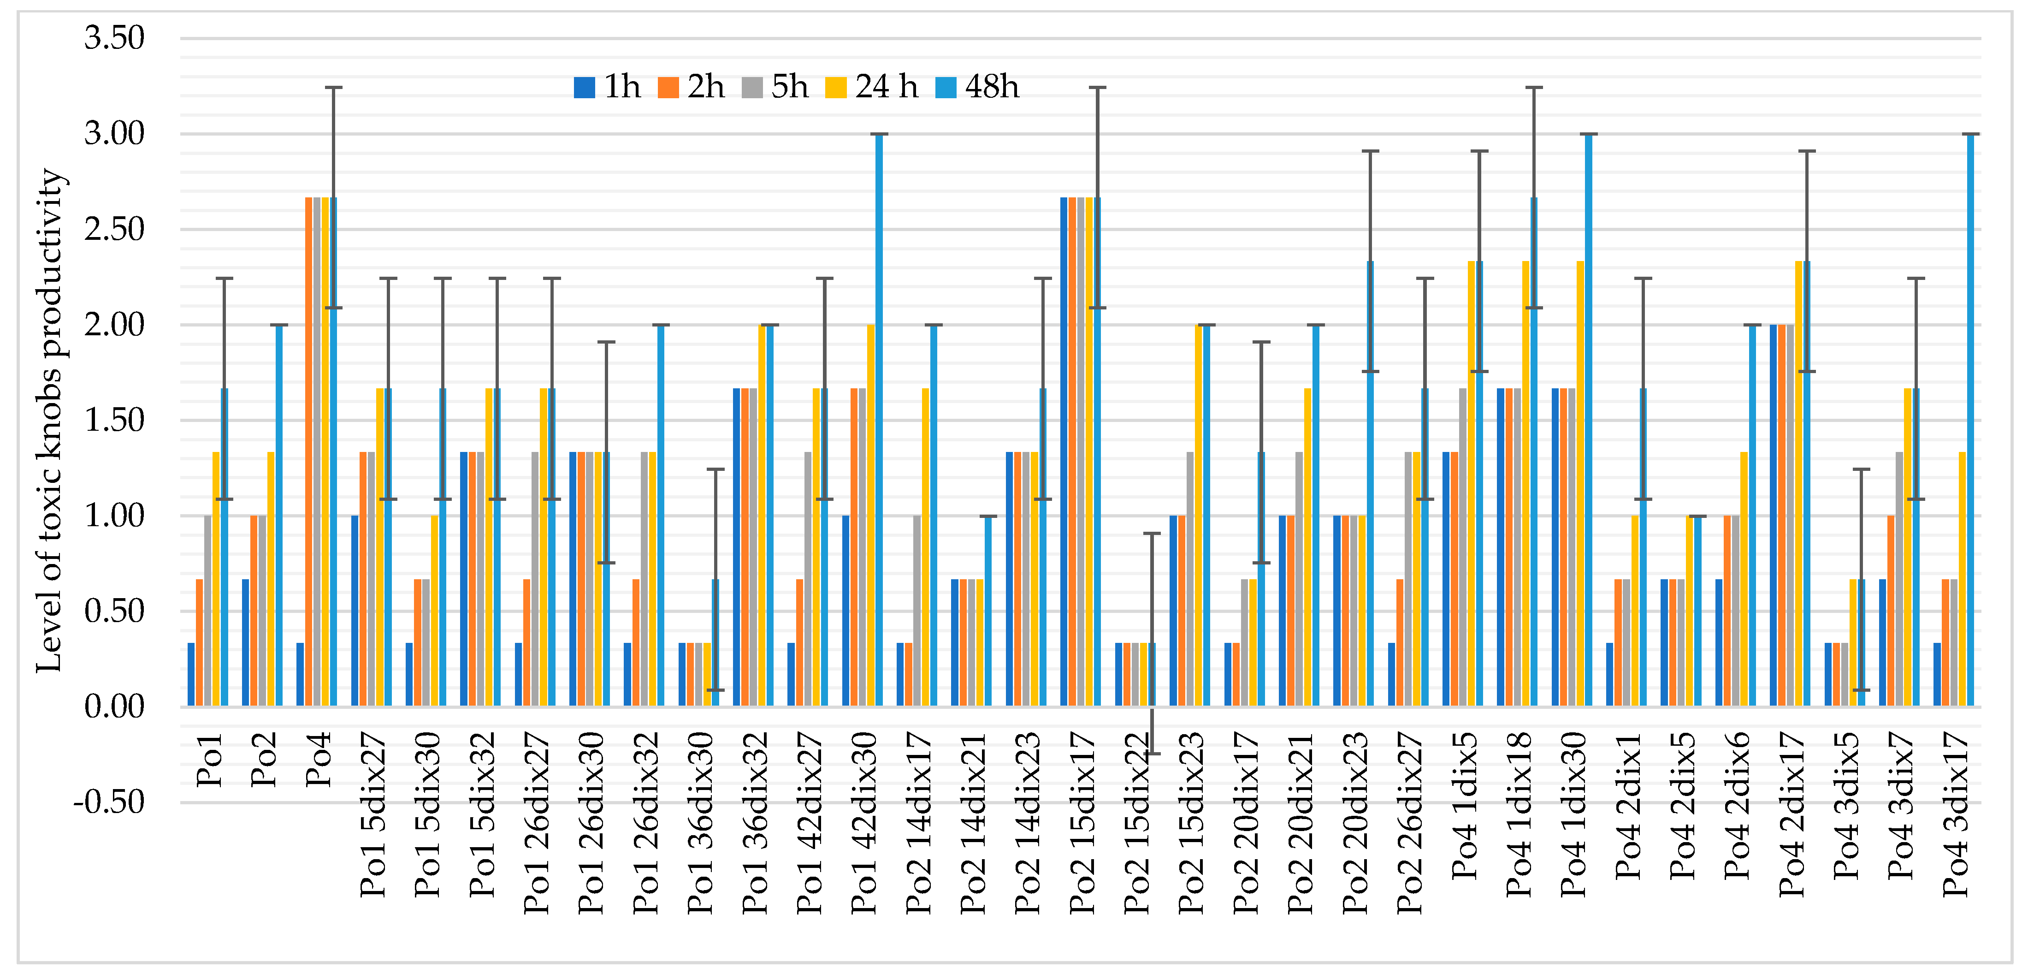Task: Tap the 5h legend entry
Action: tap(775, 87)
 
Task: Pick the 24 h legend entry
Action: tap(871, 87)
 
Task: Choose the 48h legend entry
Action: tap(977, 87)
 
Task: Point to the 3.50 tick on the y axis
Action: tap(115, 38)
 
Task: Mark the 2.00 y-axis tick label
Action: tap(115, 324)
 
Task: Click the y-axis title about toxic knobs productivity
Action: tap(49, 421)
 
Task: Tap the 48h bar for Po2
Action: tap(279, 515)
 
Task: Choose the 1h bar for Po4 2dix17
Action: tap(1774, 515)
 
